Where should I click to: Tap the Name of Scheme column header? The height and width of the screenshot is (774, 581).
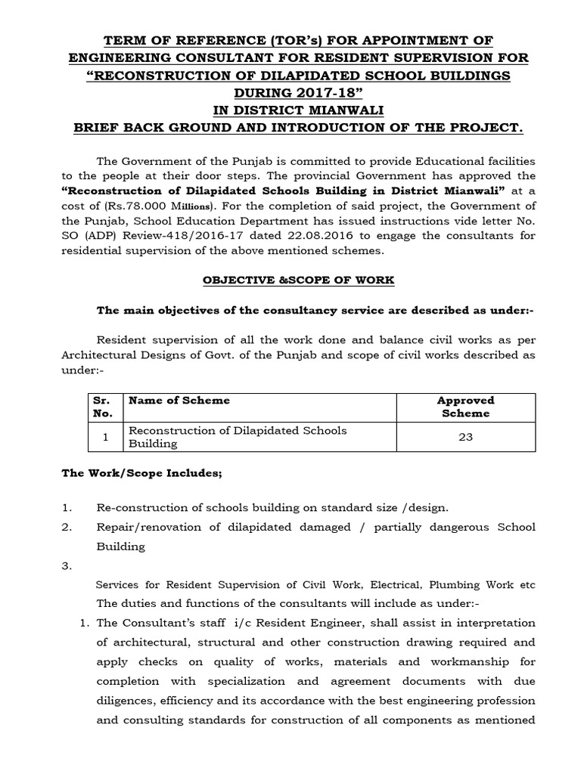point(179,400)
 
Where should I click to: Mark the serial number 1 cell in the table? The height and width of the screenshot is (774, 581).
point(106,437)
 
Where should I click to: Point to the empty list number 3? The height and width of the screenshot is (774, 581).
point(66,565)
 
